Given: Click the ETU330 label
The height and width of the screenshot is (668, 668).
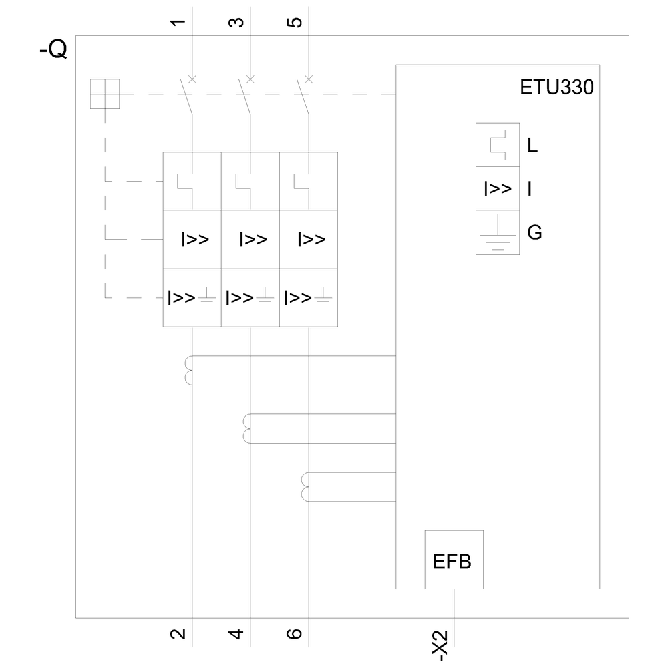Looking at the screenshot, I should point(556,88).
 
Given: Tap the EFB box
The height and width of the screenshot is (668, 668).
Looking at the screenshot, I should point(453,560).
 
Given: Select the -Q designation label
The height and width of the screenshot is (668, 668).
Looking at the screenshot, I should point(53,51).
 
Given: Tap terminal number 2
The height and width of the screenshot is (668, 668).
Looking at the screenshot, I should point(178,633).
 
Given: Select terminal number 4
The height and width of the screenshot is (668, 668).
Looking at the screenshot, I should point(236,633).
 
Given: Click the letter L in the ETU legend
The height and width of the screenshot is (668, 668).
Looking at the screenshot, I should point(532,145).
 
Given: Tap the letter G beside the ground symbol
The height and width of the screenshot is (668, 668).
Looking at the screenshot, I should point(534,232).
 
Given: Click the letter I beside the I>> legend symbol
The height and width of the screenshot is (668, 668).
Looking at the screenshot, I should point(530,189).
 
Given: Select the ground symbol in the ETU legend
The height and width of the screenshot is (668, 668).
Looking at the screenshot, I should point(498,234).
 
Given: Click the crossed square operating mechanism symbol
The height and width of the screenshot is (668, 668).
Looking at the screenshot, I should point(104,94).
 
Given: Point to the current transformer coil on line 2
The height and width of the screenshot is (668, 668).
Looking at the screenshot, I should point(188,371).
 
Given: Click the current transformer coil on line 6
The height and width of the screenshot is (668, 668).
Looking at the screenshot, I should point(306,487).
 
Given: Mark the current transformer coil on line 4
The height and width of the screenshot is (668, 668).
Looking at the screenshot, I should point(246,429).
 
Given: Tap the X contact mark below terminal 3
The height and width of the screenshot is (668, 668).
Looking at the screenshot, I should point(251,79).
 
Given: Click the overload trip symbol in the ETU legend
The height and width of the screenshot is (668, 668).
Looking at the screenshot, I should point(498,145).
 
